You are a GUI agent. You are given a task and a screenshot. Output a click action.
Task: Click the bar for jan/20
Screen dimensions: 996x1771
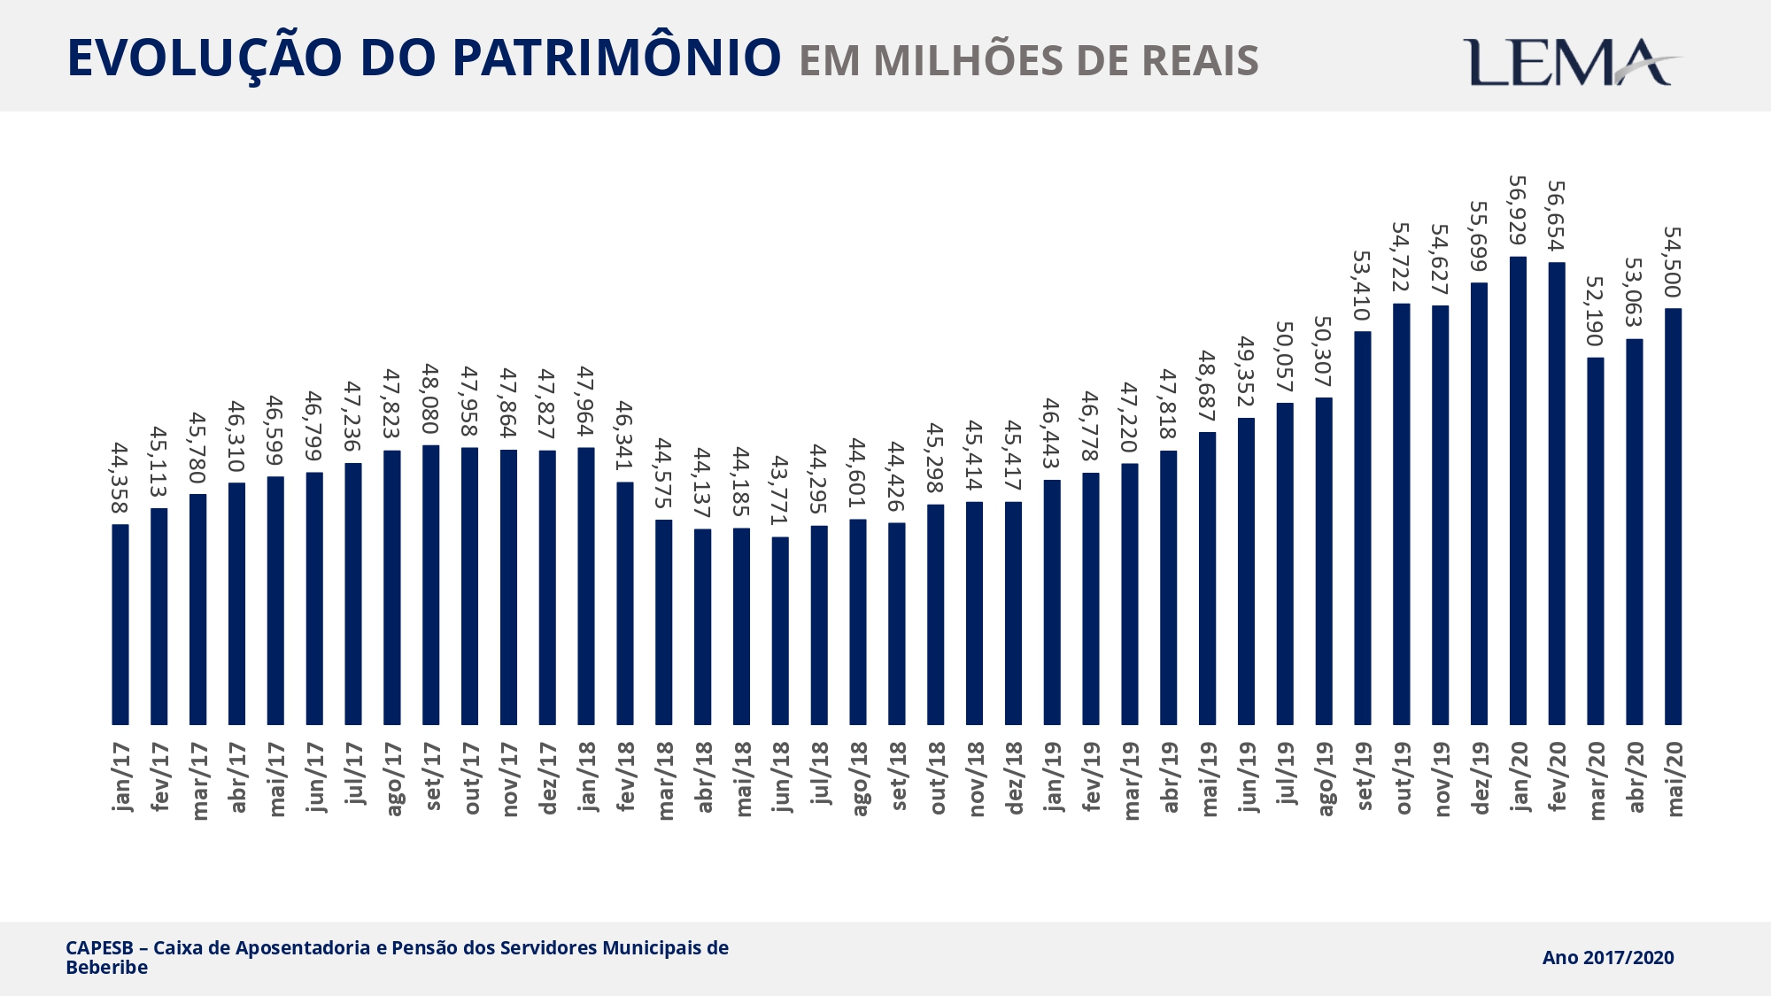1518,490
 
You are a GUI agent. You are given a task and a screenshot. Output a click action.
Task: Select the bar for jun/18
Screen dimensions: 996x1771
780,630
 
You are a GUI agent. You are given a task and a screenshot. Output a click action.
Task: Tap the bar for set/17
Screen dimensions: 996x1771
431,584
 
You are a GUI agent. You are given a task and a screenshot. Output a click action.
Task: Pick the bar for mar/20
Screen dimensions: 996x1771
1596,541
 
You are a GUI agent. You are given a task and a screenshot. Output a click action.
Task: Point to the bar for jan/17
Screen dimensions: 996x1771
120,624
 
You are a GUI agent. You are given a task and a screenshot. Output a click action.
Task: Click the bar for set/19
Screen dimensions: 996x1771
1363,528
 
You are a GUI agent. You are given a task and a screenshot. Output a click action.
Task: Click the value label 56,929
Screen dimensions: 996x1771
1518,211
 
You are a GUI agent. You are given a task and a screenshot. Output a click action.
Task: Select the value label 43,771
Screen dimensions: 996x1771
780,490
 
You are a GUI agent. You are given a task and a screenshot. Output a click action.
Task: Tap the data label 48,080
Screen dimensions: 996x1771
431,399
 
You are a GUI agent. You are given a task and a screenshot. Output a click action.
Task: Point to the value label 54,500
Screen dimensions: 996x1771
1673,262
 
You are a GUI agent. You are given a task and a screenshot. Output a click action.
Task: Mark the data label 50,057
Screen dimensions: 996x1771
1285,357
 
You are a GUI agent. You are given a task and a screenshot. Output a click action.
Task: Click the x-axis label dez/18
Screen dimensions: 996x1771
1014,778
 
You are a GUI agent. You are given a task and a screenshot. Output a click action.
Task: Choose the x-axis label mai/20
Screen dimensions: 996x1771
1673,779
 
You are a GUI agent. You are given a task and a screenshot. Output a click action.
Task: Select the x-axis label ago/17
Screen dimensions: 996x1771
392,779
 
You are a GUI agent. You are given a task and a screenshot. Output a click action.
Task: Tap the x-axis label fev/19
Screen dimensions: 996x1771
1091,776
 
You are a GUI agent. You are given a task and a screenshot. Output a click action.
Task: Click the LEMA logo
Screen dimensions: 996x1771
1571,62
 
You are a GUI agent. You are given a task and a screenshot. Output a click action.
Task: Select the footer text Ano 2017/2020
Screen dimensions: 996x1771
1607,957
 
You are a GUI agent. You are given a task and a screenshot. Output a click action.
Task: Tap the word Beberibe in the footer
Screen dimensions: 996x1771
106,968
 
